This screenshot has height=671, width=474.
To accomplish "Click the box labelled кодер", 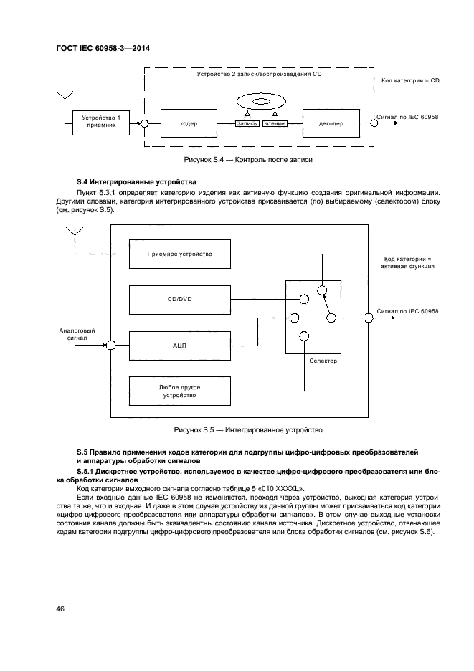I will pos(189,123).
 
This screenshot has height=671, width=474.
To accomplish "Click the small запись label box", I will pos(247,124).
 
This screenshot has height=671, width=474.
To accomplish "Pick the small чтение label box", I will pos(275,124).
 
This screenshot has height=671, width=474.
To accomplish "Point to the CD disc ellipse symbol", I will pos(260,100).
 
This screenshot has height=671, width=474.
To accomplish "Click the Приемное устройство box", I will pos(179,254).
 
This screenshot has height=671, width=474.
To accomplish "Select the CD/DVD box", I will pos(179,300).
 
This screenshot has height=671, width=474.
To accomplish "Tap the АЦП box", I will pos(179,345).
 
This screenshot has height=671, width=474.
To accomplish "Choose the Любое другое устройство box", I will pos(179,390).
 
